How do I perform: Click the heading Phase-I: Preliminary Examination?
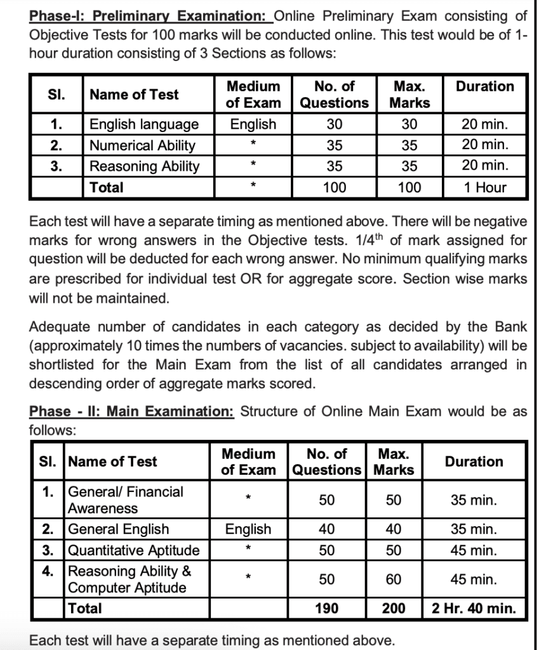click(x=151, y=15)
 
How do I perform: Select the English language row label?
click(x=144, y=124)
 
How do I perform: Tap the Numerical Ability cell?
click(x=142, y=145)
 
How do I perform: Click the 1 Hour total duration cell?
click(x=485, y=187)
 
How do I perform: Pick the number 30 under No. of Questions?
click(x=335, y=124)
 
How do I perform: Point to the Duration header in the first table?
click(x=485, y=86)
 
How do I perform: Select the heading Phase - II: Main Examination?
click(x=132, y=411)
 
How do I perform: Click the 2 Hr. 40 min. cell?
click(x=474, y=608)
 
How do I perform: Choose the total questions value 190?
click(x=326, y=608)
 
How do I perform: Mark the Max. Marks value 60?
click(x=394, y=579)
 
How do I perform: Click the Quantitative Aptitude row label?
click(x=133, y=550)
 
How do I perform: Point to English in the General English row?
click(x=248, y=529)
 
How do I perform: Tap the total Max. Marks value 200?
click(x=394, y=608)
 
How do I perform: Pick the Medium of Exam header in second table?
click(x=248, y=461)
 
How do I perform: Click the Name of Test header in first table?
click(x=134, y=95)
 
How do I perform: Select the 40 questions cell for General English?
click(x=326, y=529)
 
